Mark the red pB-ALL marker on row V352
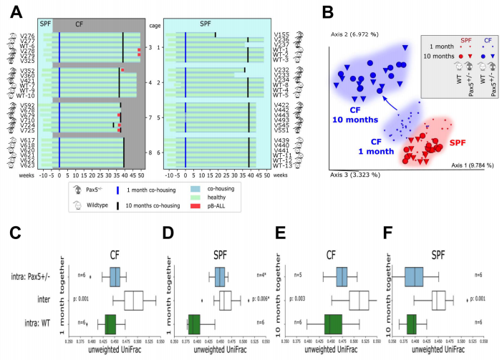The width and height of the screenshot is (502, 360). [122, 70]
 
